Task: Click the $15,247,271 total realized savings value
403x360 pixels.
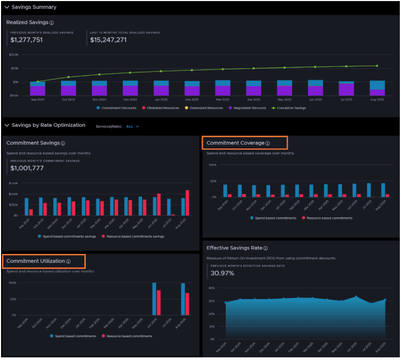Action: click(x=108, y=40)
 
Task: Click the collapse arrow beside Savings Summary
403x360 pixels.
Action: click(x=6, y=7)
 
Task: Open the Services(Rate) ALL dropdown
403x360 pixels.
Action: click(x=133, y=127)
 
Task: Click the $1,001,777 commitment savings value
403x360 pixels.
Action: click(x=27, y=168)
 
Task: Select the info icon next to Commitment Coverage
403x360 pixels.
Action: click(x=268, y=143)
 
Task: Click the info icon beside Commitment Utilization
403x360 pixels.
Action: click(x=68, y=261)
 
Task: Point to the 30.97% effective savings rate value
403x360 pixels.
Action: click(x=222, y=273)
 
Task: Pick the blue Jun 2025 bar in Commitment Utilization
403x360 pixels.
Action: click(x=154, y=298)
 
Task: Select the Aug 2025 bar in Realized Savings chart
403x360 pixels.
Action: click(x=377, y=87)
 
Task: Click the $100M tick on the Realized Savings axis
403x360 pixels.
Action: click(x=14, y=55)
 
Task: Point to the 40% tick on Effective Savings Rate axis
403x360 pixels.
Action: click(x=211, y=288)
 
